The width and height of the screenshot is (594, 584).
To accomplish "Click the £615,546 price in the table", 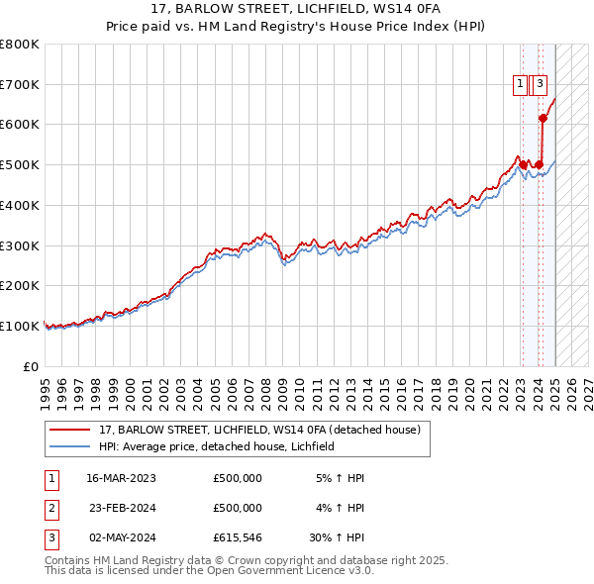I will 238,538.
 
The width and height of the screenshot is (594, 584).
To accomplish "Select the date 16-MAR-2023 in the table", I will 122,478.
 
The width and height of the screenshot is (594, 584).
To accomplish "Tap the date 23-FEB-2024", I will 122,508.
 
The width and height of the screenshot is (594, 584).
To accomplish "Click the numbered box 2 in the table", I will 50,508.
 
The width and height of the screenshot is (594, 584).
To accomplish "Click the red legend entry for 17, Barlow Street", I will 259,430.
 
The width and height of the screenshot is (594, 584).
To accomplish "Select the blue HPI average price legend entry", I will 217,446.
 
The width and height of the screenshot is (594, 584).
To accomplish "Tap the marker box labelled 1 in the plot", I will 520,84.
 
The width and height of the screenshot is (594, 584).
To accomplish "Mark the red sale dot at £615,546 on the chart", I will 544,118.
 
